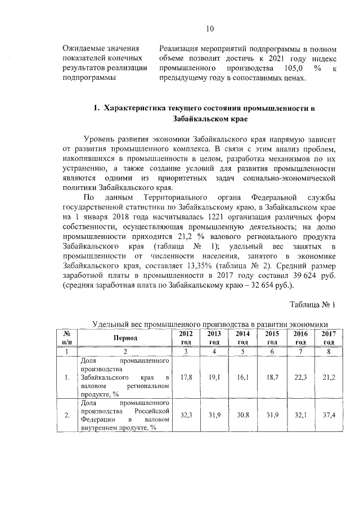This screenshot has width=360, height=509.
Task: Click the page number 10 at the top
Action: (x=210, y=29)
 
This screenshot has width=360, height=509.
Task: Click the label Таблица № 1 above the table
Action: (x=312, y=305)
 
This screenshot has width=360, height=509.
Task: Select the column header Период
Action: (x=125, y=338)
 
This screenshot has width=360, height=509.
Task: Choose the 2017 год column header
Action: (x=329, y=337)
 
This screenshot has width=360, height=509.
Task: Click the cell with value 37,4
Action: (x=329, y=415)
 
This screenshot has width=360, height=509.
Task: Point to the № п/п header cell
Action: (x=66, y=337)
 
